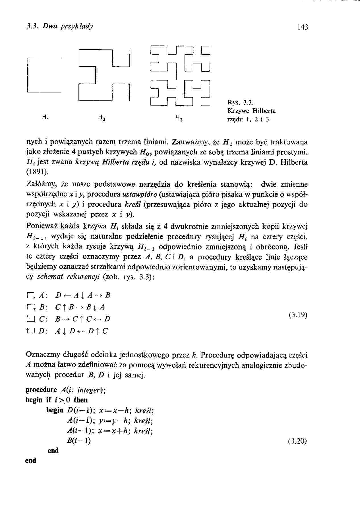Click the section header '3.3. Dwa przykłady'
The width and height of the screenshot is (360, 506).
pyautogui.click(x=59, y=26)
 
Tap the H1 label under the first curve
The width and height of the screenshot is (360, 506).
pyautogui.click(x=45, y=116)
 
